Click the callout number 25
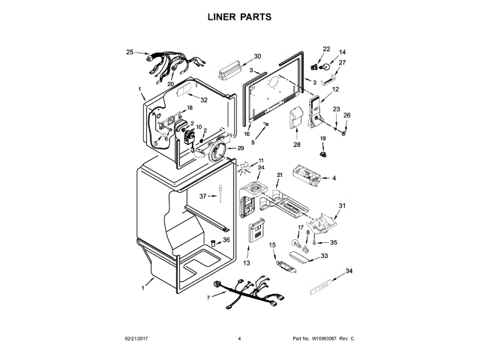(x=130, y=52)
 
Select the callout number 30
(x=257, y=56)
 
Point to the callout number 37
(x=202, y=196)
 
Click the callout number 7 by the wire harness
(x=208, y=298)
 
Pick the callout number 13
(x=246, y=262)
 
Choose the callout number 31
(x=343, y=205)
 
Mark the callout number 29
(x=241, y=148)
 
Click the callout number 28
(x=296, y=145)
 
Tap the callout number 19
(x=323, y=138)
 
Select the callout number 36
(x=226, y=240)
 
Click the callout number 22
(x=326, y=49)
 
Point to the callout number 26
(x=346, y=115)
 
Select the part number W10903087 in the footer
(x=324, y=339)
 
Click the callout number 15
(x=273, y=245)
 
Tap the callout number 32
(x=203, y=100)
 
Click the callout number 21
(x=280, y=175)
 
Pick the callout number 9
(x=253, y=142)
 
